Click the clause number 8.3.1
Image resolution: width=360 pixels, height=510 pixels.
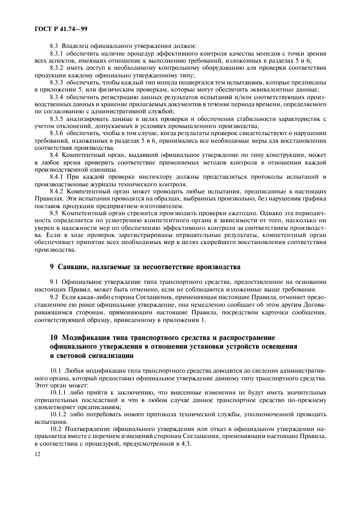coord(57,54)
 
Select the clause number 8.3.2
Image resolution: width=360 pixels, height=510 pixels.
coord(57,68)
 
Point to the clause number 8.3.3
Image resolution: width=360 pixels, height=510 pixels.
coord(57,82)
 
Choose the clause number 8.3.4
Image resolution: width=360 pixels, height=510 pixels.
coord(57,96)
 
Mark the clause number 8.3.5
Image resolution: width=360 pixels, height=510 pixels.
coord(57,118)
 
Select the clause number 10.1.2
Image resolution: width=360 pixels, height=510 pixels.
coord(58,412)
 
